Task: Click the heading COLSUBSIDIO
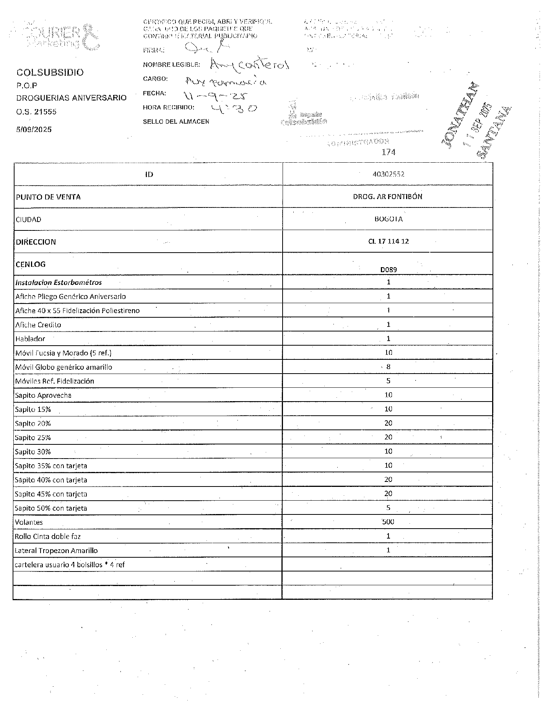(x=50, y=72)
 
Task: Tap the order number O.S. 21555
(x=36, y=112)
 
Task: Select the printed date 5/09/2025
(x=34, y=129)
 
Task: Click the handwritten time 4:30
(x=234, y=109)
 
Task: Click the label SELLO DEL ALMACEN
(x=176, y=122)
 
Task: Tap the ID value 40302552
(x=388, y=174)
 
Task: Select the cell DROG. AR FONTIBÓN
(x=388, y=197)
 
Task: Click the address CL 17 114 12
(x=388, y=242)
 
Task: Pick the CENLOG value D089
(x=388, y=269)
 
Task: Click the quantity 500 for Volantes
(x=388, y=522)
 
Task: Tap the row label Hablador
(x=30, y=339)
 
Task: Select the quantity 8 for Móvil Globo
(x=388, y=367)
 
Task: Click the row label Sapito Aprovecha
(x=43, y=395)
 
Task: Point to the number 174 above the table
(x=388, y=152)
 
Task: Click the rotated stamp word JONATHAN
(x=461, y=114)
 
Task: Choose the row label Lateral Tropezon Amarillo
(x=56, y=550)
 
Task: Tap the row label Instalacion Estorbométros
(x=59, y=282)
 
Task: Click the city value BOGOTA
(x=388, y=219)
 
